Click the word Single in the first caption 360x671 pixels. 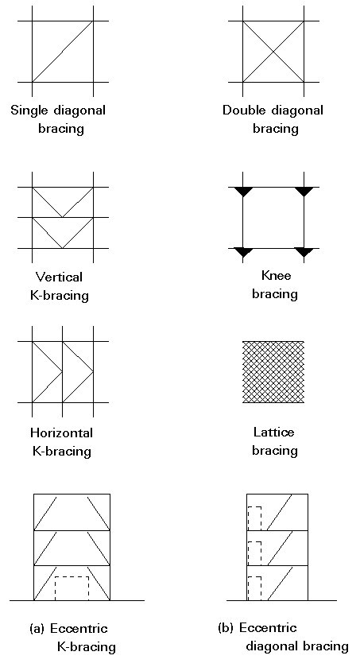pos(29,111)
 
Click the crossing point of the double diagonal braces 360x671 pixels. pos(273,52)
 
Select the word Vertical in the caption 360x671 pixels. pos(59,277)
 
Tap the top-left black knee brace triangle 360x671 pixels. pos(243,192)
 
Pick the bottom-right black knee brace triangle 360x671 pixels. pos(304,252)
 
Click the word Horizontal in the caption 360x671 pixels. pos(61,432)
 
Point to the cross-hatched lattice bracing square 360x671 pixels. pos(273,372)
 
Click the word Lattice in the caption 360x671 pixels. pos(273,432)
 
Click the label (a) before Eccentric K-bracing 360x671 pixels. pos(37,629)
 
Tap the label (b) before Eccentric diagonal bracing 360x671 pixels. pos(226,628)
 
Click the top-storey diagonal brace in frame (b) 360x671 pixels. pos(280,513)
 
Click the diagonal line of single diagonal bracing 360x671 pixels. pos(63,52)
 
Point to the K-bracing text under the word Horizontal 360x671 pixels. pos(61,452)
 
